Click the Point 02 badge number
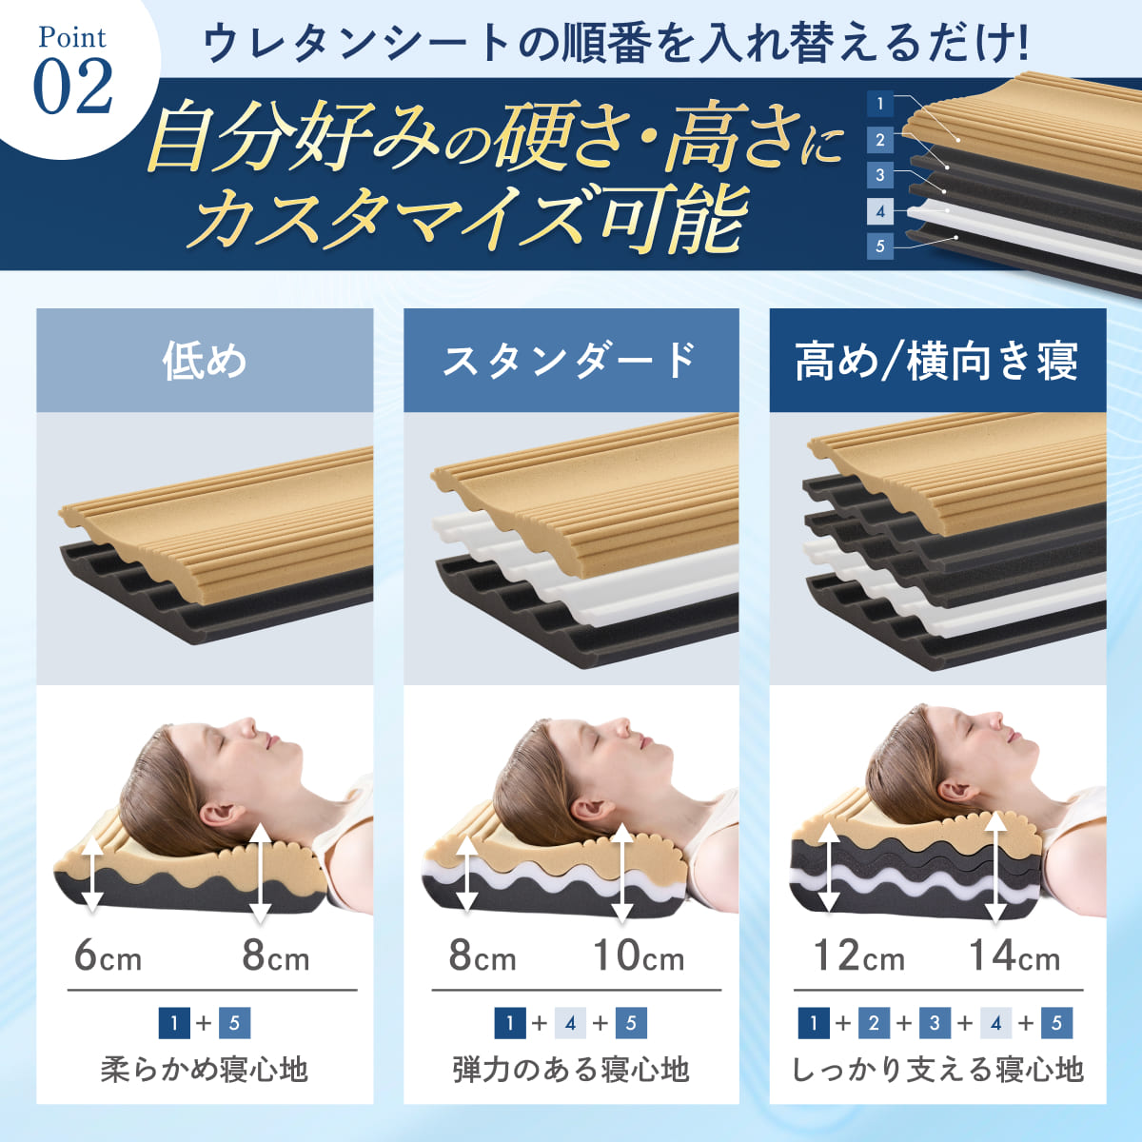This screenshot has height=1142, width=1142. coord(73,87)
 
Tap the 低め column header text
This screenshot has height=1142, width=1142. coord(205,361)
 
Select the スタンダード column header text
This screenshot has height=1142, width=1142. coord(570,360)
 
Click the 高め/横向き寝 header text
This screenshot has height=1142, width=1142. coord(936,361)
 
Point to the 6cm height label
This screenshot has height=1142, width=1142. coord(108,955)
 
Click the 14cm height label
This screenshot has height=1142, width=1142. coord(1014,955)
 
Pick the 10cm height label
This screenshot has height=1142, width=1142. coord(639,955)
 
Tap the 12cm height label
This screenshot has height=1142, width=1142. coord(859,955)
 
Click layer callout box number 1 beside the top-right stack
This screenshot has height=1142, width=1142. coord(880,104)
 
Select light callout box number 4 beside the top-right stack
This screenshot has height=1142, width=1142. coord(880,211)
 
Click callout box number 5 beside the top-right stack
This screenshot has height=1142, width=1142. coord(880,246)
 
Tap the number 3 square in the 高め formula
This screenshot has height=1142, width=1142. coord(935,1023)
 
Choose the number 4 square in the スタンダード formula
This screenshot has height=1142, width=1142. coord(570,1023)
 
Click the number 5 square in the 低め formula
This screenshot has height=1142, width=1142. coord(235,1023)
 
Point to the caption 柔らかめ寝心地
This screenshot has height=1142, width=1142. coord(205,1070)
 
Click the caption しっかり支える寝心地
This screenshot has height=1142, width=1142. coord(938,1070)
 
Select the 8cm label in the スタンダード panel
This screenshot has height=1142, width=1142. coord(482,955)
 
